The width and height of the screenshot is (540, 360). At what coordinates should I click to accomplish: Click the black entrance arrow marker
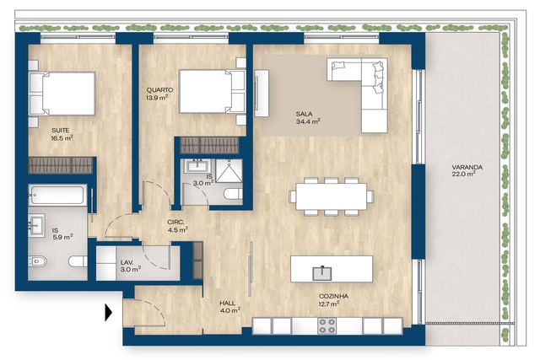tap(109, 312)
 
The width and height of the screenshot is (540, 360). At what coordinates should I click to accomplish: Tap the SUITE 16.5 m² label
tap(62, 134)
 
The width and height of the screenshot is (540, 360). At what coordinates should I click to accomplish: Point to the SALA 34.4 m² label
tap(308, 117)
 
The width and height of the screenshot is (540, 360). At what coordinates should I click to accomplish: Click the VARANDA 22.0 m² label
tap(467, 170)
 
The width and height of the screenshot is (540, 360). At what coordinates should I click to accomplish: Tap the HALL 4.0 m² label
tap(229, 307)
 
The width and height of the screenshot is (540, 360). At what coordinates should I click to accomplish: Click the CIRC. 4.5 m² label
tap(177, 225)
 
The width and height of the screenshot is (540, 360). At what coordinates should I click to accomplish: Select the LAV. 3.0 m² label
tap(130, 266)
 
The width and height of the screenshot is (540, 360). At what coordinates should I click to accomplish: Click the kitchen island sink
tap(322, 273)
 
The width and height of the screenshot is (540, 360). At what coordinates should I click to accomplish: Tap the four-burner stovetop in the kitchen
tap(327, 325)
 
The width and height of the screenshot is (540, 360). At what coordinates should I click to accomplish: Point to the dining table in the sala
tap(332, 196)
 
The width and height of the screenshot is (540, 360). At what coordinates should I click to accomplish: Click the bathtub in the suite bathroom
tap(57, 195)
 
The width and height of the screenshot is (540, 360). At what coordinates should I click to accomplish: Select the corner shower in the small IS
tap(229, 170)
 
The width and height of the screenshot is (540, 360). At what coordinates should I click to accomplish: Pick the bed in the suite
tap(62, 94)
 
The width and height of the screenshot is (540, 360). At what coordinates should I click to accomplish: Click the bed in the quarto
tap(212, 91)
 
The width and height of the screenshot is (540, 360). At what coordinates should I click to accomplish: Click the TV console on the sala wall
tap(262, 94)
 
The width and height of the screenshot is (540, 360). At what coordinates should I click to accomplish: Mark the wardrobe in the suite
tap(61, 165)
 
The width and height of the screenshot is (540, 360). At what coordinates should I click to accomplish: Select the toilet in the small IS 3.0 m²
tap(233, 193)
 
